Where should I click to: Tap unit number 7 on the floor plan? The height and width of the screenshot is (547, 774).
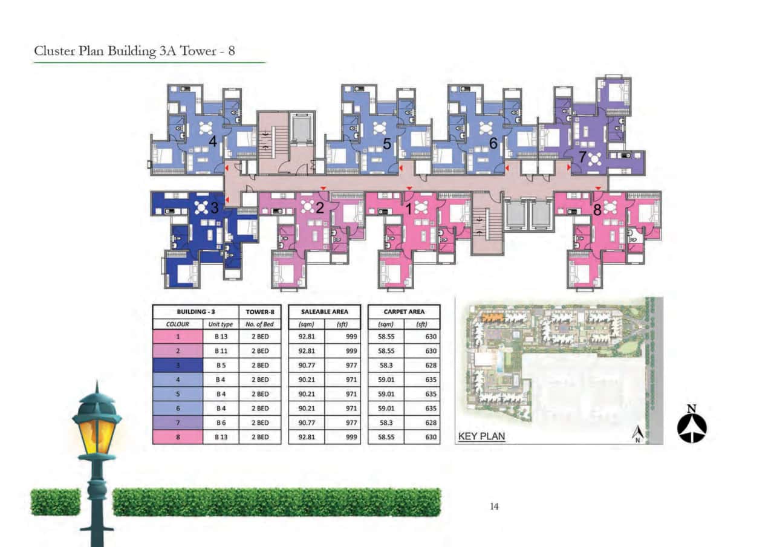[582, 157]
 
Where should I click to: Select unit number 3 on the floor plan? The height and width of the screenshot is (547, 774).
[214, 208]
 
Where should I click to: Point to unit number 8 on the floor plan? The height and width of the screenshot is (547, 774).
[598, 211]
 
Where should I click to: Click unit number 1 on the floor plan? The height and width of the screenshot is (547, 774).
[409, 210]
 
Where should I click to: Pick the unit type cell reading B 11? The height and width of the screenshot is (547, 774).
[220, 351]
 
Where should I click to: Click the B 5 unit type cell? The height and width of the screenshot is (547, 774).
[220, 365]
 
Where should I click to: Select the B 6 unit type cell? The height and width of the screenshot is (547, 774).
[220, 422]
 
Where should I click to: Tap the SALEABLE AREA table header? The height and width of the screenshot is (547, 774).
[324, 312]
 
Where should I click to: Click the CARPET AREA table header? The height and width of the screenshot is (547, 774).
[404, 312]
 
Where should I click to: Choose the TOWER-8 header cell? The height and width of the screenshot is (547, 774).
[260, 312]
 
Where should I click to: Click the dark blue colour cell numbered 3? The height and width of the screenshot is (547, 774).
[177, 365]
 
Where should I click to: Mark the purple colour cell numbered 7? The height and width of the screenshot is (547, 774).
[177, 422]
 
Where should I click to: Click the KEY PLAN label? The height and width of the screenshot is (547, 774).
[481, 436]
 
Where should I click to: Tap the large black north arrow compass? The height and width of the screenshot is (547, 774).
[692, 426]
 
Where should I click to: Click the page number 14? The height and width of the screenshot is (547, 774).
[494, 507]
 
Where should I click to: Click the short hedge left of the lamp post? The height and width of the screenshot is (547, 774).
[56, 502]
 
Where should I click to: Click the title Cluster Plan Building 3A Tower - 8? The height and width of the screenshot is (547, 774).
[134, 51]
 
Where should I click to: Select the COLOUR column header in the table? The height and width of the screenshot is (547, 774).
[177, 325]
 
